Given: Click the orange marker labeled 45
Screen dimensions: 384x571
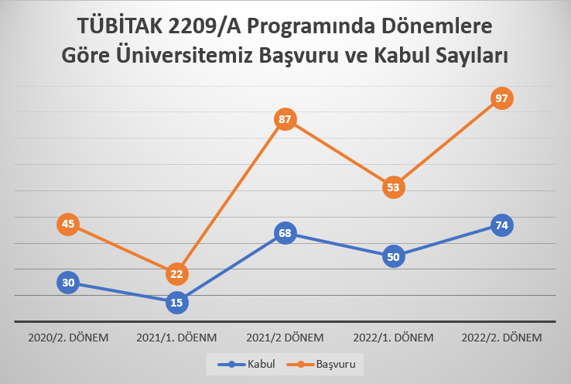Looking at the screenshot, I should point(68,225).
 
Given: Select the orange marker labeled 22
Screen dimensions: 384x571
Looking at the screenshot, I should point(176,273).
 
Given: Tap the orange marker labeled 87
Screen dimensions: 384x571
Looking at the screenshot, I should point(285,120).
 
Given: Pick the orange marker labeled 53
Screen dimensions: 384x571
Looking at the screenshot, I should point(394,187).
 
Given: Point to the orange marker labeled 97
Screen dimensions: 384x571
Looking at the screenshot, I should point(502,98).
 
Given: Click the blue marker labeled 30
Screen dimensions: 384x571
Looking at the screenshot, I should point(68,283).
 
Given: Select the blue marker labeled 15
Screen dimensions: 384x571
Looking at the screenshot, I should point(176,303).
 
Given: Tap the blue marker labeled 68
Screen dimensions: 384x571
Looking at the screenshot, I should point(285,233).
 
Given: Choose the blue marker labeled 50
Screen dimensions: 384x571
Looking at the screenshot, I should point(394,257).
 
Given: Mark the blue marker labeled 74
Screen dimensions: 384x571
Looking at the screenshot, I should point(502,225).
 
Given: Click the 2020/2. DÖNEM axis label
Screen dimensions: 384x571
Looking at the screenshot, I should point(68,338).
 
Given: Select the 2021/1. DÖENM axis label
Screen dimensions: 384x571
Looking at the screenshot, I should point(176,338).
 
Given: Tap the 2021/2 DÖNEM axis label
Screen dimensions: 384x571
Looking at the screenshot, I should point(285,338).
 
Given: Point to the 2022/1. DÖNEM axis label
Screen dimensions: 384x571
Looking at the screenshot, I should point(394,338).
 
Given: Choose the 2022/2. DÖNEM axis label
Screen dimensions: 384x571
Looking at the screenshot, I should point(502,338).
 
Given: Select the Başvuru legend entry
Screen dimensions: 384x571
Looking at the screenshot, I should point(323,363).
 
